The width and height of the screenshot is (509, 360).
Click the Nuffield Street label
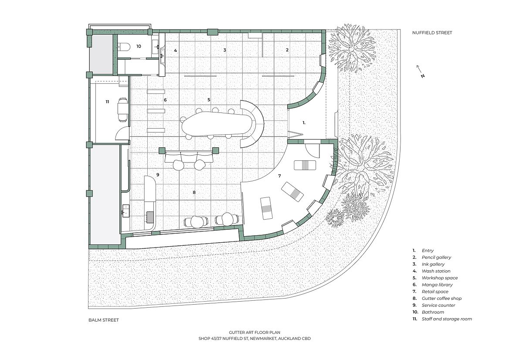coord(432,33)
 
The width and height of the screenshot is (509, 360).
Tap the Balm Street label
coord(104,320)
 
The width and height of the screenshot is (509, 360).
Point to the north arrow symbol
coord(421,71)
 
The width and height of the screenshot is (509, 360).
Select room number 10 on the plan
coord(139,47)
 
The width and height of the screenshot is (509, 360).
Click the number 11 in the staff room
coord(107,102)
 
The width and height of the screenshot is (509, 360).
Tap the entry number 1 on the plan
coord(304,123)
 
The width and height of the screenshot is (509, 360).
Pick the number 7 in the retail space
coord(279,176)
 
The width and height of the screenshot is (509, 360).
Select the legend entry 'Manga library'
coord(437,285)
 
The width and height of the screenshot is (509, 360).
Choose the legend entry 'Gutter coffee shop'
coord(441,298)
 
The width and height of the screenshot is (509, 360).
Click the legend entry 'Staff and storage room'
coord(447,319)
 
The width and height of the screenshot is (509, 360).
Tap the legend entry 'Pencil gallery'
coord(436,258)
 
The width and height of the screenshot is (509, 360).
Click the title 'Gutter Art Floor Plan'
coord(254,333)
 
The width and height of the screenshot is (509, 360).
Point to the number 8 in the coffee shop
coord(194,193)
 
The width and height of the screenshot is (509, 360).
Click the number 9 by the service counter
coord(158,175)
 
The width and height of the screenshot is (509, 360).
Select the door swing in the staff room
coord(121,134)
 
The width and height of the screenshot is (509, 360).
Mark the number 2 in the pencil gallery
coord(287,50)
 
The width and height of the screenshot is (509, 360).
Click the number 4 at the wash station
coord(175,50)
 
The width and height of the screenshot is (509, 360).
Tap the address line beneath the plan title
coord(254,339)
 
